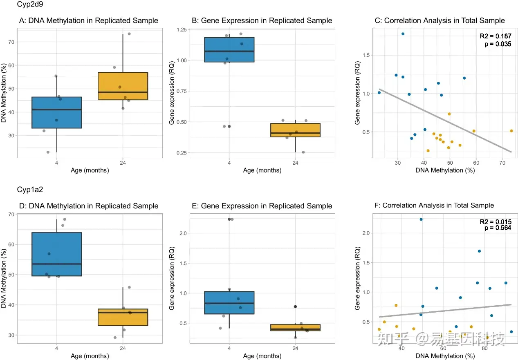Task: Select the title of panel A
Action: pos(89,20)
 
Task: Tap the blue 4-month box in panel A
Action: pos(57,112)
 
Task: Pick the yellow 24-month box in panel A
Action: pos(123,86)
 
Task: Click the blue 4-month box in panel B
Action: pos(229,49)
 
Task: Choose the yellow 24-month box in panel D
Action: pos(123,317)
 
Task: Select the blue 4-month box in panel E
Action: pos(229,302)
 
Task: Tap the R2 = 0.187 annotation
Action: pos(495,37)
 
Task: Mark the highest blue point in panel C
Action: pos(403,34)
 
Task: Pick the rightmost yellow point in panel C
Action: pos(511,131)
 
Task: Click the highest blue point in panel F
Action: pos(421,219)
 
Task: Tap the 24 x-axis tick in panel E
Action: pos(295,348)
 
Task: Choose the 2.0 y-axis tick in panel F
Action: pos(368,233)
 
